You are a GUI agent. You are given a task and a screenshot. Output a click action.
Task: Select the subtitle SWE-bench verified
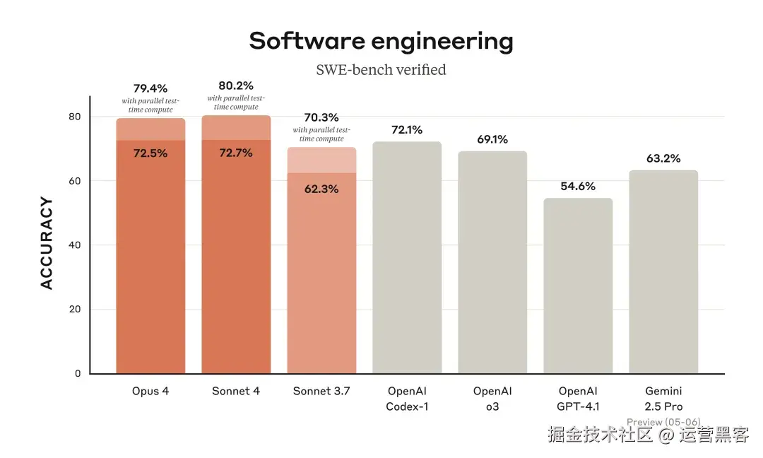pyautogui.click(x=381, y=69)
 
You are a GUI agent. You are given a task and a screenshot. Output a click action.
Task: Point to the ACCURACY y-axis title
pyautogui.click(x=47, y=243)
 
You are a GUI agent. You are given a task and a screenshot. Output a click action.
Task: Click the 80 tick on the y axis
pyautogui.click(x=75, y=117)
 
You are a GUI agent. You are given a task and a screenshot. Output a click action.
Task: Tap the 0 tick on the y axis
pyautogui.click(x=78, y=373)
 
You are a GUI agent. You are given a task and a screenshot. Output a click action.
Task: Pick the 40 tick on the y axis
pyautogui.click(x=75, y=245)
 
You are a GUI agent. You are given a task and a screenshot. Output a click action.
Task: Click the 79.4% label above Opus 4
pyautogui.click(x=150, y=88)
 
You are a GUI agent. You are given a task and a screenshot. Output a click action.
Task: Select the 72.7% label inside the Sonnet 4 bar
pyautogui.click(x=236, y=153)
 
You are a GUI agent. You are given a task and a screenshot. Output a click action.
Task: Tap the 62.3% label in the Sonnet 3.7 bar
pyautogui.click(x=321, y=189)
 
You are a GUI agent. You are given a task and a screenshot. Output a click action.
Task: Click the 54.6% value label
pyautogui.click(x=578, y=187)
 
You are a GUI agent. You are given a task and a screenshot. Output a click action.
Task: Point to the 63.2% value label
pyautogui.click(x=663, y=158)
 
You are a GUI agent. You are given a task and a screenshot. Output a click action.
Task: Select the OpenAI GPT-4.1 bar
pyautogui.click(x=578, y=286)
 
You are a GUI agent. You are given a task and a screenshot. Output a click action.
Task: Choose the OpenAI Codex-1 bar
pyautogui.click(x=407, y=258)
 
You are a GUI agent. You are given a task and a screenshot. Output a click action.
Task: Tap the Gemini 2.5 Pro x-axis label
pyautogui.click(x=663, y=399)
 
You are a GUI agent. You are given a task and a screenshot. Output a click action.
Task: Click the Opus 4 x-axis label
pyautogui.click(x=150, y=391)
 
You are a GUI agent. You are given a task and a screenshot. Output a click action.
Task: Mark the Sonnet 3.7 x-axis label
pyautogui.click(x=321, y=391)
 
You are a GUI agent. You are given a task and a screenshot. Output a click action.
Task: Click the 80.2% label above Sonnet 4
pyautogui.click(x=236, y=86)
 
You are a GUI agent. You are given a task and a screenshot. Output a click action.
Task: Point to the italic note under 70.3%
pyautogui.click(x=321, y=134)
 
